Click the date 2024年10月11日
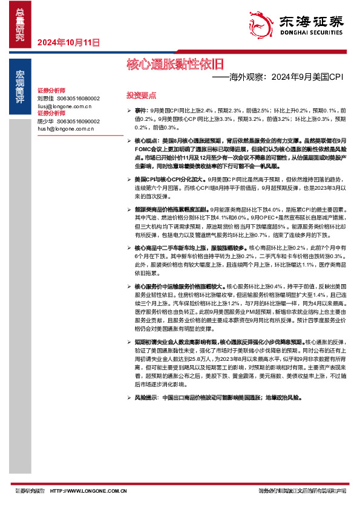[x=68, y=42]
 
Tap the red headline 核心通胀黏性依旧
[x=174, y=63]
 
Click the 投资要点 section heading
[x=141, y=96]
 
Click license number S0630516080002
[x=79, y=98]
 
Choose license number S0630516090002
[x=79, y=121]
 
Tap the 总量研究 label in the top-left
[x=20, y=25]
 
